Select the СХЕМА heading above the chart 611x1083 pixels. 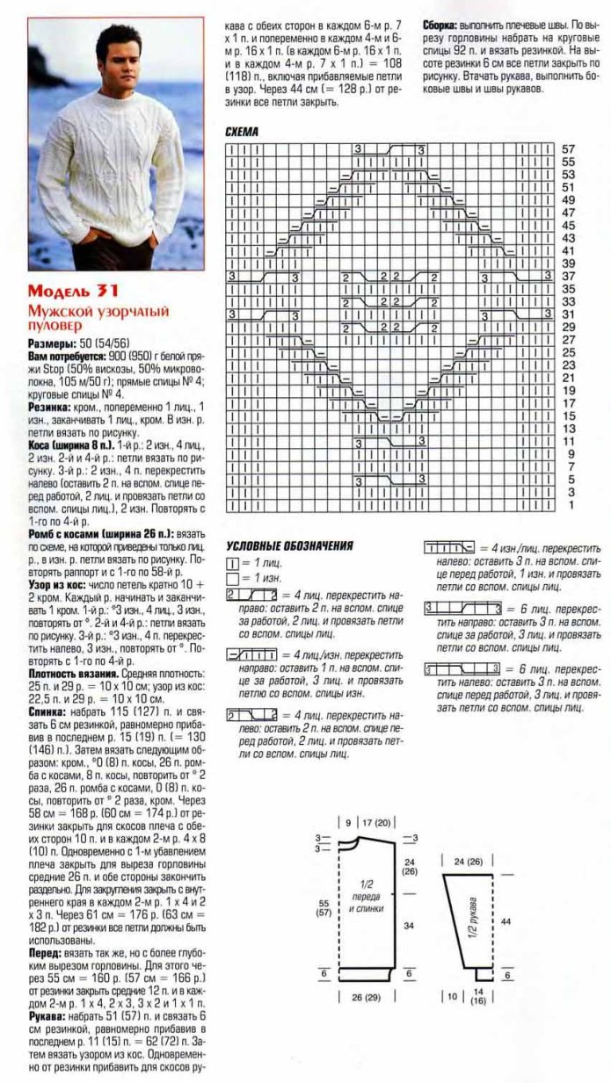pos(242,132)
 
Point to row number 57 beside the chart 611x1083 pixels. pos(568,150)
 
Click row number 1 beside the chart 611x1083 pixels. pos(570,506)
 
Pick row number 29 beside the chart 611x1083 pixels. pos(568,327)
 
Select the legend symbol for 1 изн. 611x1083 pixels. pos(232,579)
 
